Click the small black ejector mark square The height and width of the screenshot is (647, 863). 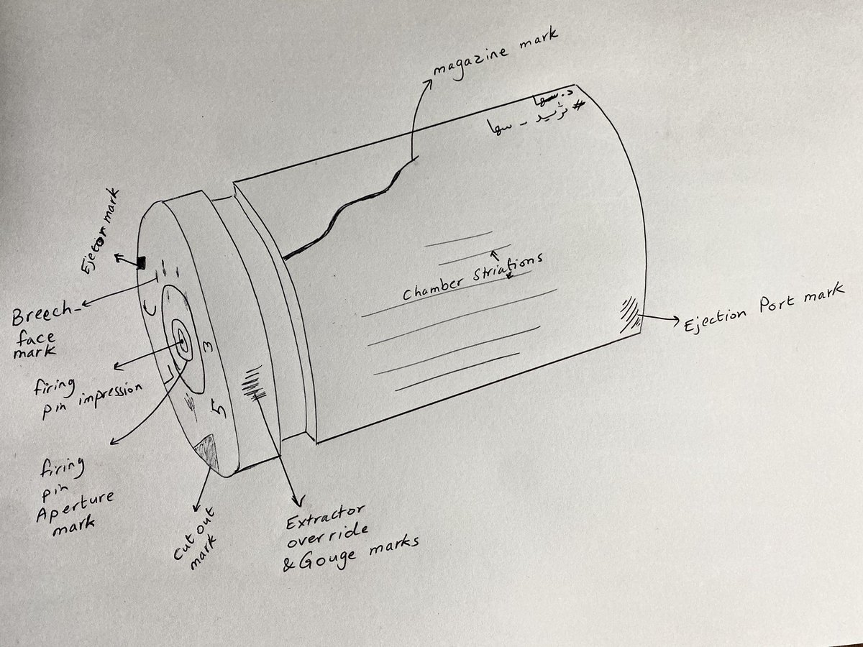pyautogui.click(x=142, y=260)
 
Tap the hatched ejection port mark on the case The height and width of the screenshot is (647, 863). pyautogui.click(x=628, y=313)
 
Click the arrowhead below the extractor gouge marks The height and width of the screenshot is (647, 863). pyautogui.click(x=294, y=500)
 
